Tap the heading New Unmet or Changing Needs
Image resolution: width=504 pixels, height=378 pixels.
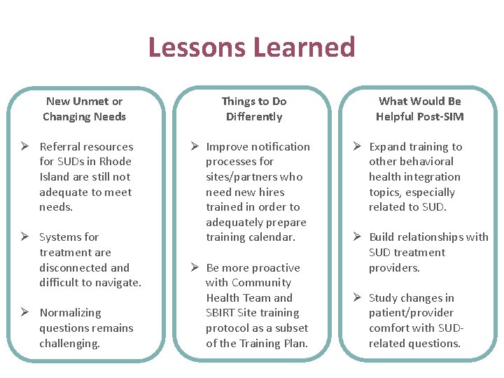pyautogui.click(x=84, y=109)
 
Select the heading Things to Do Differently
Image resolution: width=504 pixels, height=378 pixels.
pyautogui.click(x=254, y=109)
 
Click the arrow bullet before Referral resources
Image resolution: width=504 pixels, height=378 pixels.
pyautogui.click(x=24, y=146)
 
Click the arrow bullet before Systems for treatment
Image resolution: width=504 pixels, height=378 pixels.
pyautogui.click(x=24, y=237)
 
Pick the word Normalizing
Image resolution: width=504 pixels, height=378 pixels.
pyautogui.click(x=70, y=313)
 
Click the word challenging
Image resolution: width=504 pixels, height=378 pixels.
pyautogui.click(x=69, y=344)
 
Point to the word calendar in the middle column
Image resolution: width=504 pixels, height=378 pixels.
pyautogui.click(x=272, y=237)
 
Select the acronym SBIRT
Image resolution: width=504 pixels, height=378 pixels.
pyautogui.click(x=222, y=313)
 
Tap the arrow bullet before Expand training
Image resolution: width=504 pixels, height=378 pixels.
pyautogui.click(x=356, y=146)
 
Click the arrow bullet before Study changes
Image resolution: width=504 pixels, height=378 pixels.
pyautogui.click(x=356, y=298)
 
